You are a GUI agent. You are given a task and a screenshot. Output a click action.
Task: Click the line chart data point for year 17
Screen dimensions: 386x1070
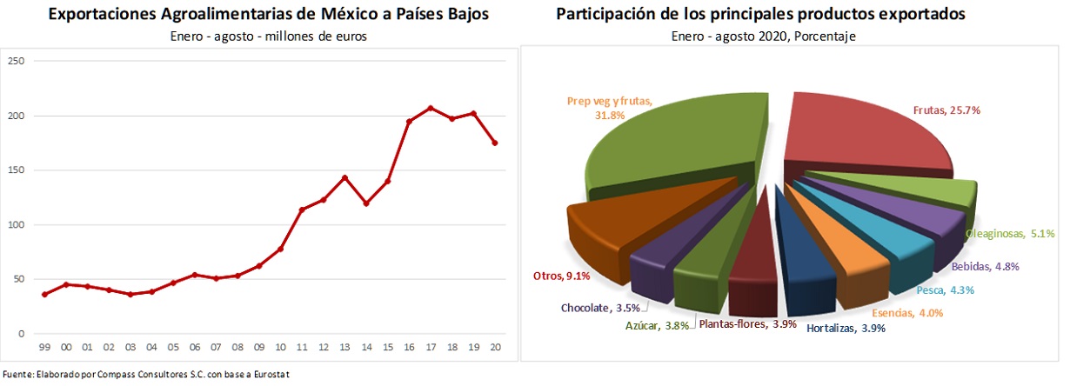tap(430, 108)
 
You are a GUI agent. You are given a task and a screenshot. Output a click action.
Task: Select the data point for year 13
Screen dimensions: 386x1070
tap(344, 177)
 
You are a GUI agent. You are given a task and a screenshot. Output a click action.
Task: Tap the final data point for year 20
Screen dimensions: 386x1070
tap(494, 143)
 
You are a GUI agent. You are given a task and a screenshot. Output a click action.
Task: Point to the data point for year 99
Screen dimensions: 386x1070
tap(45, 295)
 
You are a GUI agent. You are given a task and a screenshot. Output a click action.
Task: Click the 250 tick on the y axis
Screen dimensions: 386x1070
tap(16, 61)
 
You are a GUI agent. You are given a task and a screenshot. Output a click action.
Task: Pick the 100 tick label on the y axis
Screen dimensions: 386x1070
tap(16, 225)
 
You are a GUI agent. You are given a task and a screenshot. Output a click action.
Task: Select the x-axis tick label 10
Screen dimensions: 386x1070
tap(280, 347)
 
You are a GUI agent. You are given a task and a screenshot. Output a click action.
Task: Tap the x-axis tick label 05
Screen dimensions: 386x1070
tap(173, 347)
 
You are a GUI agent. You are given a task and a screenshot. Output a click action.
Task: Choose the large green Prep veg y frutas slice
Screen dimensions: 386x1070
tap(670, 148)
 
